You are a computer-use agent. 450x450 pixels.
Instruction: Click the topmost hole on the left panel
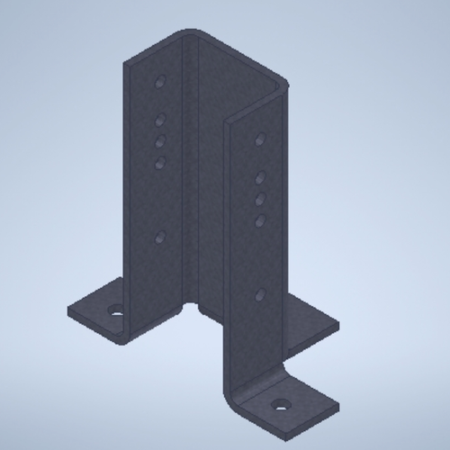[x=160, y=82]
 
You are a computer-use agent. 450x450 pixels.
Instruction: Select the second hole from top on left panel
[x=160, y=118]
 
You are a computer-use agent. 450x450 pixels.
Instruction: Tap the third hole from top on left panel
[x=160, y=140]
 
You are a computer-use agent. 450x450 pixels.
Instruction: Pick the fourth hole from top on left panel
[x=160, y=162]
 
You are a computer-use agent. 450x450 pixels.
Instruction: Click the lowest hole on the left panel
[x=160, y=236]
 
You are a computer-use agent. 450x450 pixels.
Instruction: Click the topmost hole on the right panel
[x=259, y=139]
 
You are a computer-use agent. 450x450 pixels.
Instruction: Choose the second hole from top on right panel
[x=259, y=176]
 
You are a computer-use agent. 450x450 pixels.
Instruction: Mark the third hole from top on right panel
[x=259, y=198]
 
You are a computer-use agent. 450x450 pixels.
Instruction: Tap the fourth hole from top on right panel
[x=259, y=220]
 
